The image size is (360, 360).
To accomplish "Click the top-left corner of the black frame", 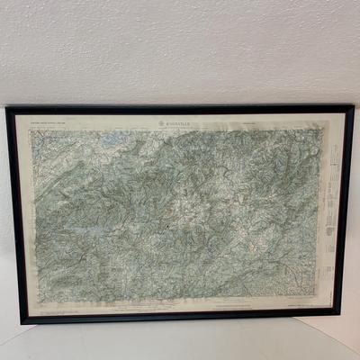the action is (x=7, y=108).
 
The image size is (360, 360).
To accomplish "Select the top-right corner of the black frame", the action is (x=352, y=107).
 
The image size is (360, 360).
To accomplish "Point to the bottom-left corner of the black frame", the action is (x=21, y=321).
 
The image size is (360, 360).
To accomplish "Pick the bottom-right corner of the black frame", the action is (x=340, y=314).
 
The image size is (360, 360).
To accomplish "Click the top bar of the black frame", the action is (x=180, y=108).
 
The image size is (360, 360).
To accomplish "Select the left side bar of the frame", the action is (x=13, y=216).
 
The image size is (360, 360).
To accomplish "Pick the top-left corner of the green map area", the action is (x=31, y=127).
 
